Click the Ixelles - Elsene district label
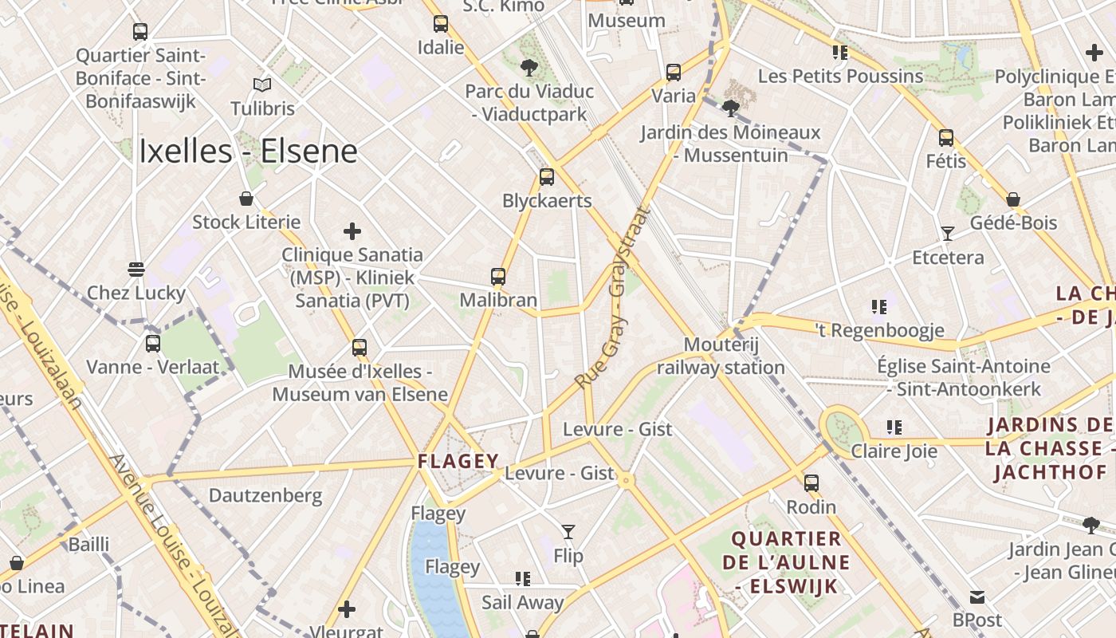coord(248,152)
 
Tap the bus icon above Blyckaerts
coord(546,177)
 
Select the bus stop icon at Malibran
coord(498,277)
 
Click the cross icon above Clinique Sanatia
coord(352,232)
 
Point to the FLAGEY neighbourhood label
coord(458,461)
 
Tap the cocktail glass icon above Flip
coord(568,532)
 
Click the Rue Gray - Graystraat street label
coord(613,299)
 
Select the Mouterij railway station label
coord(721,356)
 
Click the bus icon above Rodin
coord(811,483)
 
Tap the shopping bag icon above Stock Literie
coord(246,199)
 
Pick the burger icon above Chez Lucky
coord(136,270)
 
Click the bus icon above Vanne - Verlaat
coord(152,344)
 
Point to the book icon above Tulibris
coord(262,85)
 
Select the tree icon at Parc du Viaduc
coord(529,67)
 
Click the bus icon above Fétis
coord(945,138)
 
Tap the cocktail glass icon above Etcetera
coord(947,234)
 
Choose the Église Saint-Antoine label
coord(963,377)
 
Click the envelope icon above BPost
coord(977,597)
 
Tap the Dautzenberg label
coord(265,495)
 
